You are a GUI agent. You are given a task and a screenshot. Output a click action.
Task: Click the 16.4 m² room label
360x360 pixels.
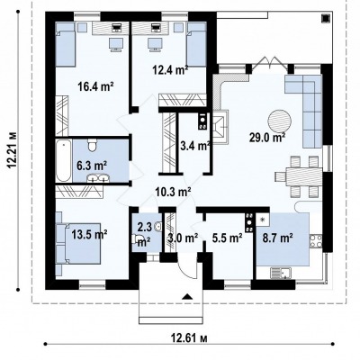pyautogui.click(x=95, y=86)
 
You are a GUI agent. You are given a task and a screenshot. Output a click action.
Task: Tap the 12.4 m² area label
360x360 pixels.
pyautogui.click(x=170, y=70)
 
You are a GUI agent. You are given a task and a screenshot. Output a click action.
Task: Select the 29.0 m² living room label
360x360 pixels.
pyautogui.click(x=267, y=138)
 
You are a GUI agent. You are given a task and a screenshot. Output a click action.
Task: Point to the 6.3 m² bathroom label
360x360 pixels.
pyautogui.click(x=92, y=166)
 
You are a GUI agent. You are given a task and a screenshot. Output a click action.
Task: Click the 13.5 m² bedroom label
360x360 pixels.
pyautogui.click(x=90, y=234)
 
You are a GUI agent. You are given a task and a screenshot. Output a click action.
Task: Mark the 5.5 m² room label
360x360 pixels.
pyautogui.click(x=228, y=238)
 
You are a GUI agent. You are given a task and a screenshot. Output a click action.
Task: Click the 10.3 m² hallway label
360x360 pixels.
pyautogui.click(x=174, y=191)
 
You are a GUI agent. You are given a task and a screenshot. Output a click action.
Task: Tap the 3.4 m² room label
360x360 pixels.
pyautogui.click(x=195, y=147)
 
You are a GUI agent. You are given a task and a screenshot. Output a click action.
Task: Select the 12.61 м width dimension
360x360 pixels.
pyautogui.click(x=189, y=338)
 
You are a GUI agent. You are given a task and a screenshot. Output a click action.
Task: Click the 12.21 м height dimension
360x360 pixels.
pyautogui.click(x=12, y=150)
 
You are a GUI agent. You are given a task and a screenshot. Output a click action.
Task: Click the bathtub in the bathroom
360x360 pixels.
pyautogui.click(x=64, y=160)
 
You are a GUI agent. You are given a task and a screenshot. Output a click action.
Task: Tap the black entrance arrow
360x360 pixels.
pyautogui.click(x=187, y=296)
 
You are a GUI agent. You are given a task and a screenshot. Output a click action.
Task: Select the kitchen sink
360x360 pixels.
pyautogui.click(x=281, y=273)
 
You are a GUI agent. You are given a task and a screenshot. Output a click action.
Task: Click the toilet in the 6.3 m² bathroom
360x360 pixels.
pyautogui.click(x=92, y=145)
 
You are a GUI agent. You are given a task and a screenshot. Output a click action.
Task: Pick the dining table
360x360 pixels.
pyautogui.click(x=304, y=176)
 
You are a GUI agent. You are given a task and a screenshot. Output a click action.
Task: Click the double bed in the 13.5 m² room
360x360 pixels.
pyautogui.click(x=78, y=243)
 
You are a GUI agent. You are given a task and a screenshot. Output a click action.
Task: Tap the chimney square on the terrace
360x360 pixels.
pyautogui.click(x=325, y=19)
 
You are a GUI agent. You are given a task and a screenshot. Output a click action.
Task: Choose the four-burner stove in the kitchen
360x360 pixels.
pyautogui.click(x=316, y=242)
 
